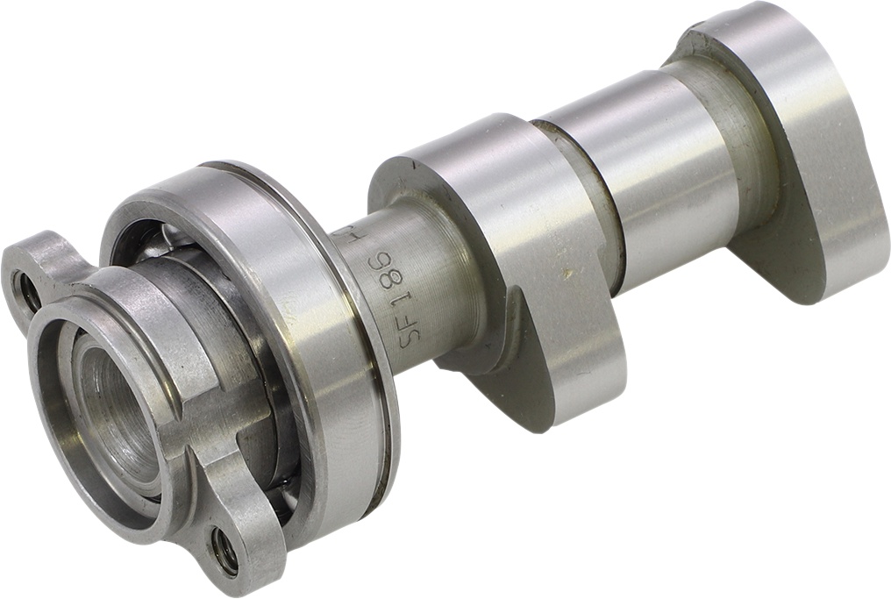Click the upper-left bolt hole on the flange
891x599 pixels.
[x=26, y=292]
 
